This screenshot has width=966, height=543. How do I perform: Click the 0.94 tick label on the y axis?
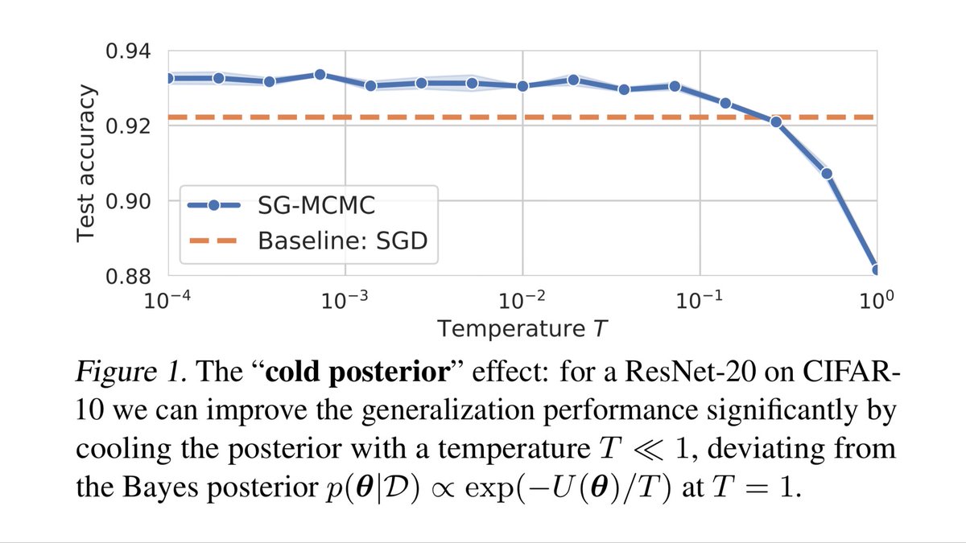point(129,51)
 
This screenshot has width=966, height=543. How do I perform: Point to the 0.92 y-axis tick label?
point(129,125)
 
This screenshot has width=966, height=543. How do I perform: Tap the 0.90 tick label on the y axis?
point(129,200)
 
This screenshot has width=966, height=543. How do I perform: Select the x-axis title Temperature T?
point(522,327)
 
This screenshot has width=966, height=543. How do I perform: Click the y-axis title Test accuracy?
point(88,162)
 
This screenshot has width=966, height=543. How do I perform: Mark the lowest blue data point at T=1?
point(875,269)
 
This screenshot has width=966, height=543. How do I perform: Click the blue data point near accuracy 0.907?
point(826,174)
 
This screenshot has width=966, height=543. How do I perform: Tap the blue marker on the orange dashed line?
point(776,121)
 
